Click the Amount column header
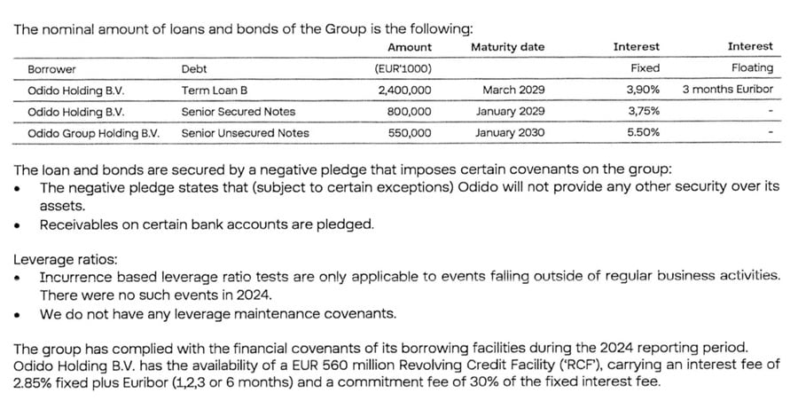coord(410,47)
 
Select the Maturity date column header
coord(507,47)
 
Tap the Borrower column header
coord(52,68)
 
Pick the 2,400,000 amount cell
coord(404,90)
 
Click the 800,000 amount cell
coord(410,112)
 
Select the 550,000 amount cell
coord(410,133)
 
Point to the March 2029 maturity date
coord(513,90)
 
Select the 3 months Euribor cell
coord(728,90)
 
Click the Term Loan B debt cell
coord(213,90)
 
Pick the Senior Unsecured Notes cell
coord(245,133)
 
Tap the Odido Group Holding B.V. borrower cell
coord(93,133)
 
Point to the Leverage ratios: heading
coord(65,259)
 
